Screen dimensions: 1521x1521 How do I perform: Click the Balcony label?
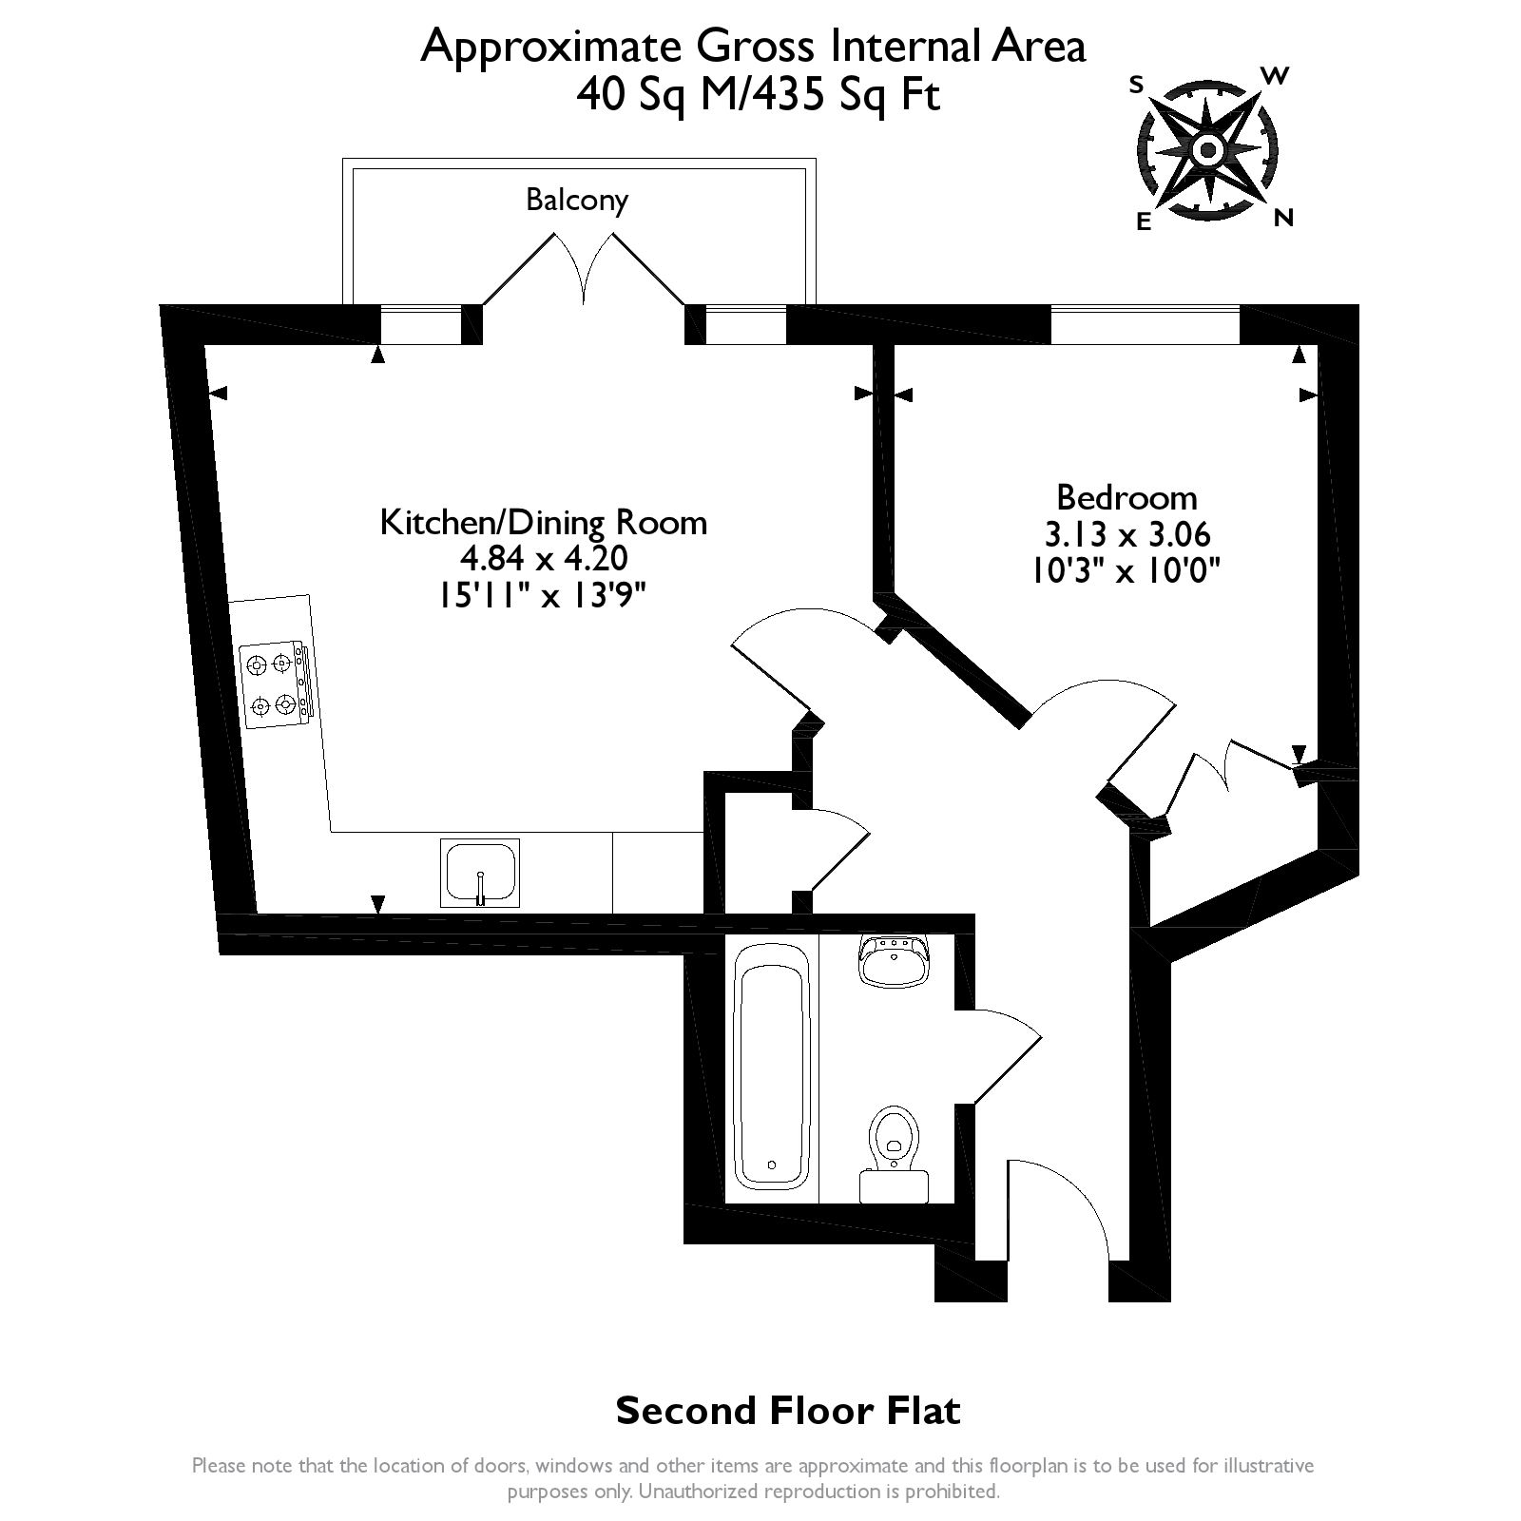point(577,201)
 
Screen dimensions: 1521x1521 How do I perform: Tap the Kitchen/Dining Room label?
point(543,522)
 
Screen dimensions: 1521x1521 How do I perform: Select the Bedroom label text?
point(1126,497)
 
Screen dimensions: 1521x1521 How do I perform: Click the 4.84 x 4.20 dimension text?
point(543,558)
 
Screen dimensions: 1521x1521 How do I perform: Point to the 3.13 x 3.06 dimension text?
point(1126,534)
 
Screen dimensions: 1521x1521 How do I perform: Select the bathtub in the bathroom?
point(773,1071)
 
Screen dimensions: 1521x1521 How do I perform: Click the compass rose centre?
point(1207,150)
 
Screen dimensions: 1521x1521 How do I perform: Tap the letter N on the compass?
point(1283,219)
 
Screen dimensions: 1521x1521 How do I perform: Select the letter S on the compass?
point(1135,85)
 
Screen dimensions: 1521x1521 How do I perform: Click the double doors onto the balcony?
point(584,267)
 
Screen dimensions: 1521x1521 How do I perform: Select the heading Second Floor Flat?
point(788,1411)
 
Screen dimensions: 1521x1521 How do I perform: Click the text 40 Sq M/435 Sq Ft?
point(758,96)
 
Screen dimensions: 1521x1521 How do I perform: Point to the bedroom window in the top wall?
point(1145,324)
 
